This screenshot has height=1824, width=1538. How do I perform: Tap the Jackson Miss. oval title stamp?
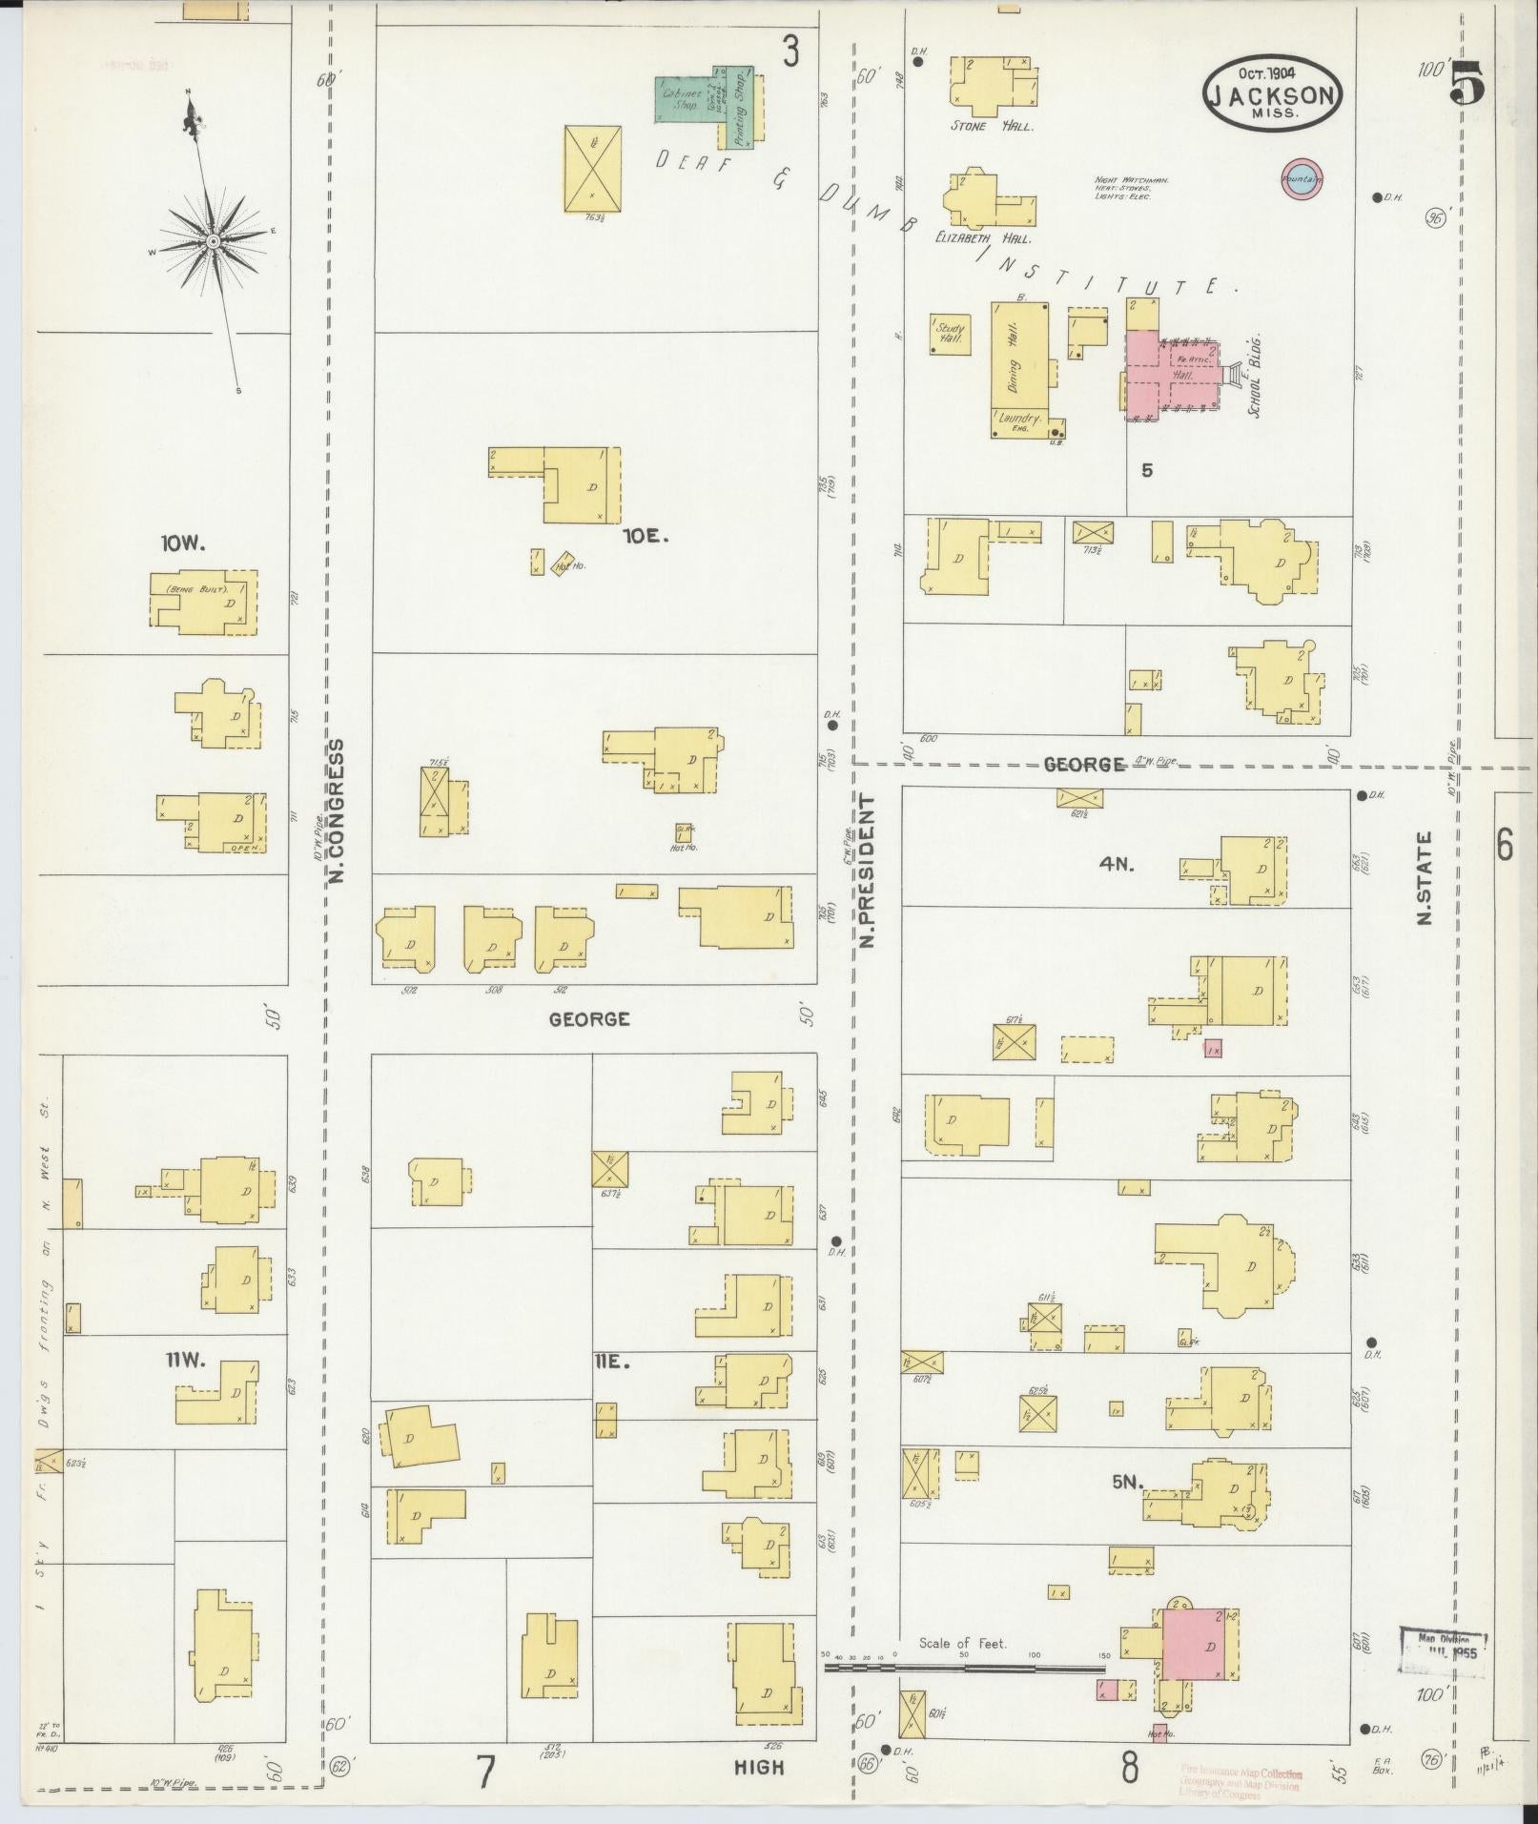pyautogui.click(x=1272, y=92)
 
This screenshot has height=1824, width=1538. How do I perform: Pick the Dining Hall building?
pyautogui.click(x=1018, y=358)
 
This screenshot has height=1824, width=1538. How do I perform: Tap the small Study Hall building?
pyautogui.click(x=950, y=334)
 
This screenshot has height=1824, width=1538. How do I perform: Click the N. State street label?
pyautogui.click(x=1425, y=877)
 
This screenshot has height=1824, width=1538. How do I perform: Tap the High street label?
pyautogui.click(x=759, y=1767)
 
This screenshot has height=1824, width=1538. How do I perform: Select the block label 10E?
pyautogui.click(x=646, y=537)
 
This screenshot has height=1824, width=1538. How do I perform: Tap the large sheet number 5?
pyautogui.click(x=1467, y=83)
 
